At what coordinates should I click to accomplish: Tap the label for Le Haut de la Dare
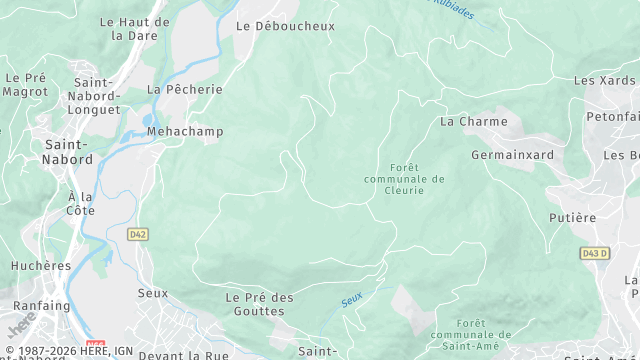[135, 28]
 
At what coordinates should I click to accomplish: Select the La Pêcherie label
[185, 89]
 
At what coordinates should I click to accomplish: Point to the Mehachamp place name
[185, 131]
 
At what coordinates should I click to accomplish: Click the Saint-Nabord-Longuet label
[97, 96]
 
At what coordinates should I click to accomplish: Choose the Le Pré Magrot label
[25, 84]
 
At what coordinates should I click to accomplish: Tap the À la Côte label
[81, 203]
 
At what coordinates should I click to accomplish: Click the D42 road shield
[138, 234]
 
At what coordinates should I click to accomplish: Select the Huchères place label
[41, 266]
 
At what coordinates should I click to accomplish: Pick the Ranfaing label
[41, 305]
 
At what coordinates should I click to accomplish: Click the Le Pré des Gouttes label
[260, 304]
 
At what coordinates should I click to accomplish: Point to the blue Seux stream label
[351, 298]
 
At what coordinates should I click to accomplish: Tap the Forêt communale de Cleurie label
[404, 178]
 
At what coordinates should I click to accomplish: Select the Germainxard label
[512, 155]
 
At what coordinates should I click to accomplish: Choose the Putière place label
[572, 217]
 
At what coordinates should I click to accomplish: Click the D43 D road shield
[594, 254]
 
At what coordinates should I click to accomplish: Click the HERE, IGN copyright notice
[69, 351]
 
